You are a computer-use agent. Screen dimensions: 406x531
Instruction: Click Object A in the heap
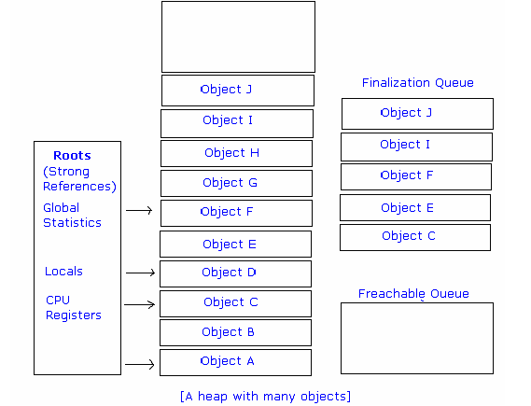[x=235, y=362]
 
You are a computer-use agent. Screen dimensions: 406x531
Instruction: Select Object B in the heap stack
[x=235, y=332]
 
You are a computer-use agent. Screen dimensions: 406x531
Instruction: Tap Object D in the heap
[x=235, y=273]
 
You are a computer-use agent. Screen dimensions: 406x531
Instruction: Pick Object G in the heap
[x=235, y=183]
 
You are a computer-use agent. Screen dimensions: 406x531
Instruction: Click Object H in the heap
[x=235, y=153]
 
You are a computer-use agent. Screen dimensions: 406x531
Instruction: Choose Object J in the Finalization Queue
[x=416, y=113]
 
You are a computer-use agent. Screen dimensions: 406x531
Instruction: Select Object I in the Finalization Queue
[x=415, y=146]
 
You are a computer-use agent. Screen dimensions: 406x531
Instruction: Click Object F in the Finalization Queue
[x=415, y=175]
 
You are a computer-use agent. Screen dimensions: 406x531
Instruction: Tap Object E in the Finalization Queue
[x=414, y=208]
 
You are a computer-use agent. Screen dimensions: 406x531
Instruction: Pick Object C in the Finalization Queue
[x=414, y=237]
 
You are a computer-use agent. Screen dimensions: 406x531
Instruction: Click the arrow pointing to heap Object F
[x=139, y=211]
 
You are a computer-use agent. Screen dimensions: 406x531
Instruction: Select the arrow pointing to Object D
[x=139, y=273]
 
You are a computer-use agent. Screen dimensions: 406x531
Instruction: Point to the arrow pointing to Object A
[x=139, y=365]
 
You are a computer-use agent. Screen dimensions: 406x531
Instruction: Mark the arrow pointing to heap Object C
[x=139, y=304]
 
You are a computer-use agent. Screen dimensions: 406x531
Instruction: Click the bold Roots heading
[x=72, y=156]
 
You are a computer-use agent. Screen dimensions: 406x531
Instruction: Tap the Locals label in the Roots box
[x=63, y=272]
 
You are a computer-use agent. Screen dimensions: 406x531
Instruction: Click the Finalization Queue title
[x=417, y=83]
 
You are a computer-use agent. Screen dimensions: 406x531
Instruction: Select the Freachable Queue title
[x=413, y=294]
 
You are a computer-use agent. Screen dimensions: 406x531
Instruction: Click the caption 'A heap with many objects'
[x=265, y=397]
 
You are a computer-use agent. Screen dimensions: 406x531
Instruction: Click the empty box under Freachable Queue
[x=416, y=338]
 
